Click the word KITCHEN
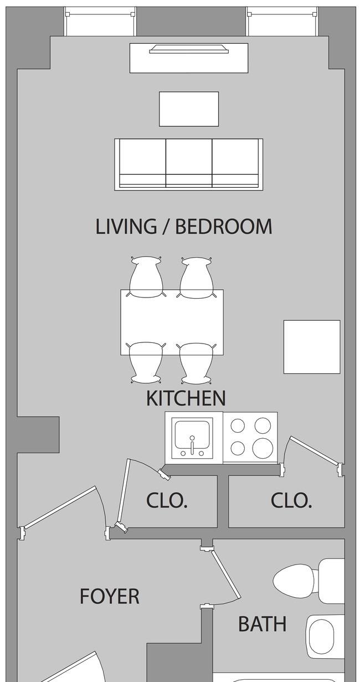186,398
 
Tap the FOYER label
110,596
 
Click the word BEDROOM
224,227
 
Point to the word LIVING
126,227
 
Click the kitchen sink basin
192,435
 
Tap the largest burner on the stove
263,448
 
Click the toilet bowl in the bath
294,580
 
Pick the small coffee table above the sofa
189,109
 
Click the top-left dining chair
146,277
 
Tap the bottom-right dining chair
197,363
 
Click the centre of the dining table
172,322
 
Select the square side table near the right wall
312,347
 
